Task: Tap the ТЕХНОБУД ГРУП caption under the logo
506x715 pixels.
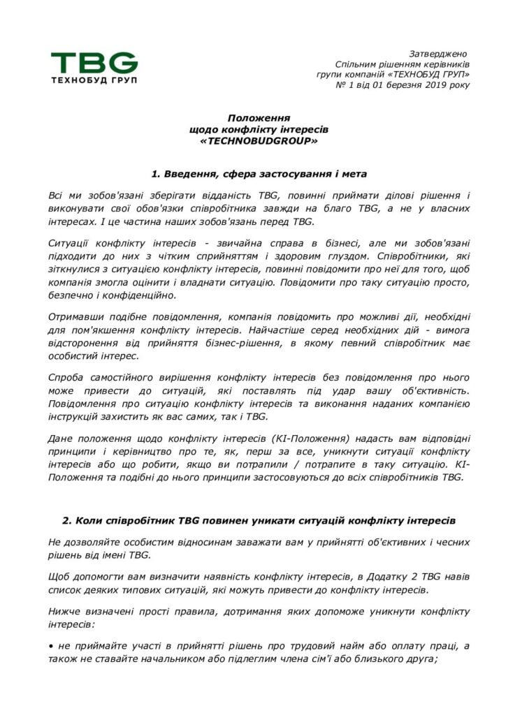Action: [x=94, y=80]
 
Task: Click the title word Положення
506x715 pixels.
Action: [x=259, y=119]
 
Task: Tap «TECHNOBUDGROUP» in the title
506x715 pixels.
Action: [x=259, y=141]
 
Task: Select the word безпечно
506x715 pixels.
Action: [x=72, y=295]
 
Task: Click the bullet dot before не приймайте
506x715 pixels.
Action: [x=51, y=646]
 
